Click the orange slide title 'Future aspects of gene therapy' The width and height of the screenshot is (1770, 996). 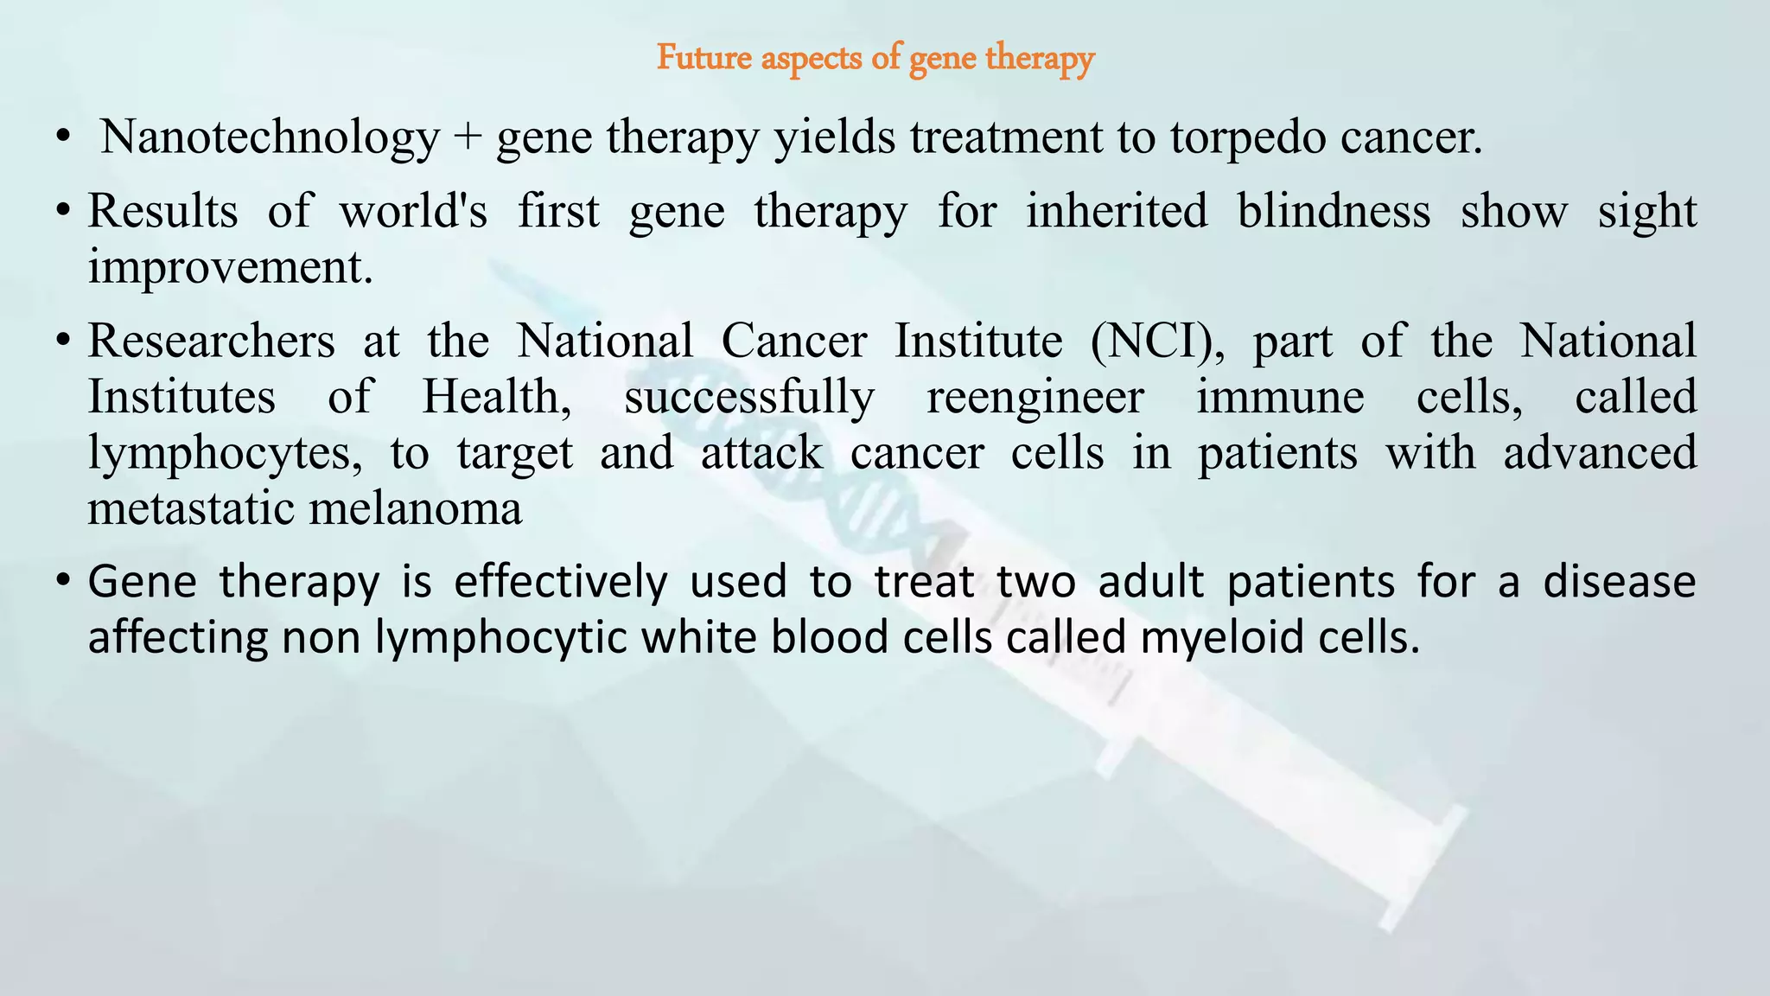click(875, 59)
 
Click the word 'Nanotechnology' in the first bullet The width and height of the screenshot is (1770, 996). click(270, 138)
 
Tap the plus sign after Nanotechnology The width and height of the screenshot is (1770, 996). click(468, 138)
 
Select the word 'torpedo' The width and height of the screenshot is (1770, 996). click(1248, 138)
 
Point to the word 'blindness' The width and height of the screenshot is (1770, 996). click(1334, 212)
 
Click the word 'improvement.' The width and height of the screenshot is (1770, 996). click(231, 267)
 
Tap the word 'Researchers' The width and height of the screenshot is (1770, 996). click(211, 342)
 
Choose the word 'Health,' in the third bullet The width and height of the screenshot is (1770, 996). click(497, 398)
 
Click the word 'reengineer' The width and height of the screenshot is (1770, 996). click(1035, 398)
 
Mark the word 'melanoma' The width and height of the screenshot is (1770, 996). click(415, 509)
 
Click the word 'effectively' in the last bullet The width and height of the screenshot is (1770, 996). click(560, 582)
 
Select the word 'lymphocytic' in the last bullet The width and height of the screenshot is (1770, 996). click(500, 638)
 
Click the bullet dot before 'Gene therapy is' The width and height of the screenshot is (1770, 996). click(61, 583)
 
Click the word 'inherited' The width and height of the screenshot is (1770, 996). click(1117, 212)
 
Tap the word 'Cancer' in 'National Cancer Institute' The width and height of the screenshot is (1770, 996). click(793, 342)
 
